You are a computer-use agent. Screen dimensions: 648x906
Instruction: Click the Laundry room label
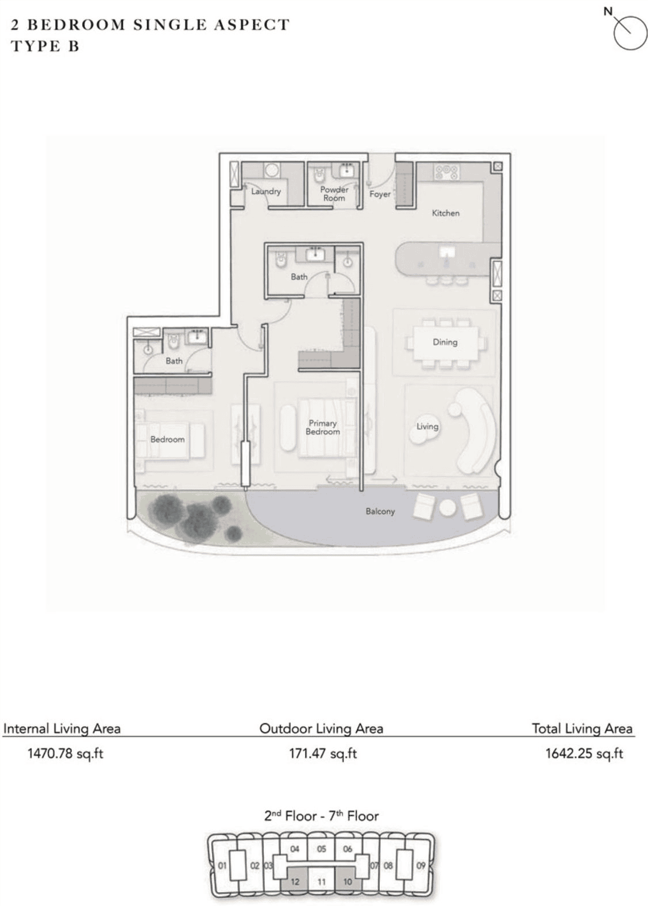(x=266, y=191)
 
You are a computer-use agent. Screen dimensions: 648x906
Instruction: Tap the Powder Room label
(x=334, y=194)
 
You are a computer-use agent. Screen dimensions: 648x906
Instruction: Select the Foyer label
(x=380, y=194)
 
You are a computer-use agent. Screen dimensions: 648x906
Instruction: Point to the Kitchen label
(x=445, y=213)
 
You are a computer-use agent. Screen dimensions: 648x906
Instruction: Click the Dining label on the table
(x=445, y=342)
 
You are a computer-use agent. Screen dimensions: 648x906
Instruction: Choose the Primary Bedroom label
(x=322, y=427)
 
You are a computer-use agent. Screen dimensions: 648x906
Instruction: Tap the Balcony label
(x=380, y=512)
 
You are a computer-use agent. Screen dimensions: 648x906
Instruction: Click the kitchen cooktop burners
(x=446, y=172)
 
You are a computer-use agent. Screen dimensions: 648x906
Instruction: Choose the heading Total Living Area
(x=582, y=729)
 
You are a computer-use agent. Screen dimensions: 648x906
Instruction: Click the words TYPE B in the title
(x=45, y=46)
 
